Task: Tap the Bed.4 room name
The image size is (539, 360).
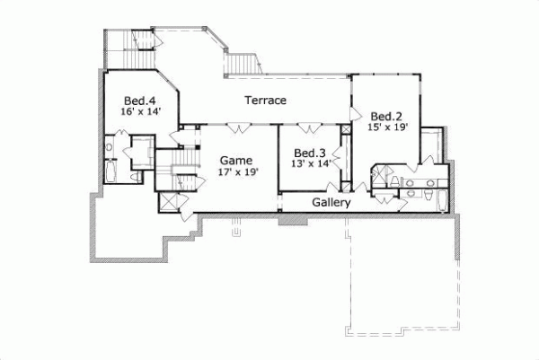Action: tap(139, 100)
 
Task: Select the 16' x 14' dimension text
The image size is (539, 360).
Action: tap(139, 112)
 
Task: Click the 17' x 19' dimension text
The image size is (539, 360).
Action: tap(238, 171)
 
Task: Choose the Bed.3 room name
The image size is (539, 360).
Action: tap(309, 152)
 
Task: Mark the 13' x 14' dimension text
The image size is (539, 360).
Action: tap(309, 163)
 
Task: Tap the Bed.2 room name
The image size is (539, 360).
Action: tap(386, 116)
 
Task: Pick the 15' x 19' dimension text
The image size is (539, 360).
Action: tap(388, 127)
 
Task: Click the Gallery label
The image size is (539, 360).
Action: tap(331, 203)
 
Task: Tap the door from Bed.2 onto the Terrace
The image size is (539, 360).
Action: tap(354, 114)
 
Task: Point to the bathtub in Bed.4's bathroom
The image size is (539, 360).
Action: tap(110, 171)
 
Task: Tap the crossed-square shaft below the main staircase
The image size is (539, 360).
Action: tap(169, 199)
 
